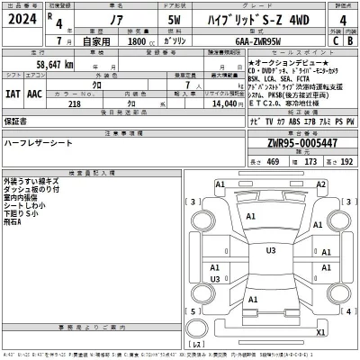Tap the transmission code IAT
coord(13,93)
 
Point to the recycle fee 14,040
coord(221,104)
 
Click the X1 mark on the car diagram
coord(321,332)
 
